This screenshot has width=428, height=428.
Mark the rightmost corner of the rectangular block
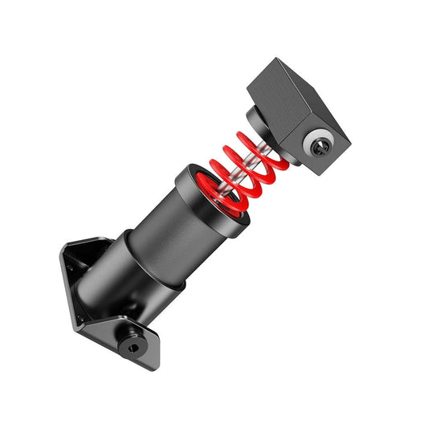351,146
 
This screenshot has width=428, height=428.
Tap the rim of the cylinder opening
186,177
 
